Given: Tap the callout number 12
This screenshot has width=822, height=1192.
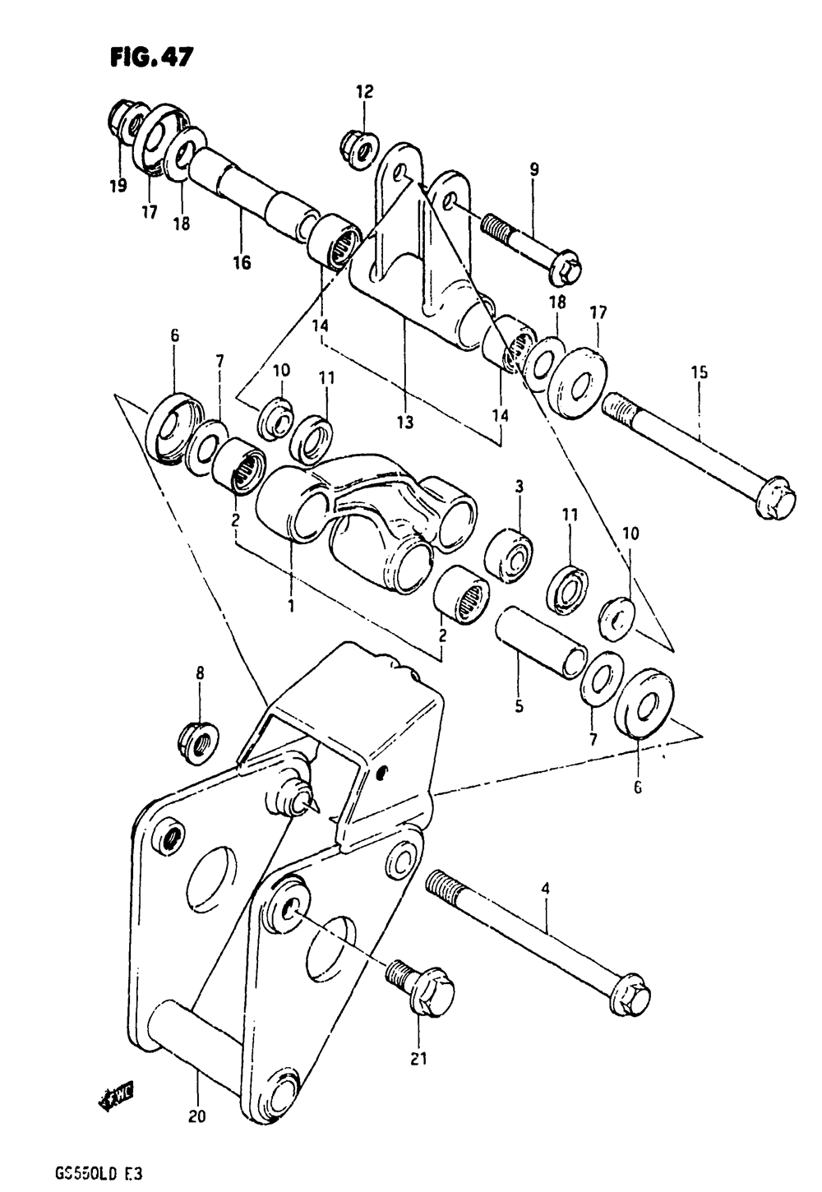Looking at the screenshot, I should pos(364,92).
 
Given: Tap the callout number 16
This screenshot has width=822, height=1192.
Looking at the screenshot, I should pos(242,262).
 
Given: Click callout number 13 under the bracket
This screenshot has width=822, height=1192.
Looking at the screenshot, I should pos(404,423).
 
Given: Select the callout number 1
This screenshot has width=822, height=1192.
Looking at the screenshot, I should pos(290,605).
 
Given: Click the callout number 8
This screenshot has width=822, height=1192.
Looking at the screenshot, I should pos(200,673).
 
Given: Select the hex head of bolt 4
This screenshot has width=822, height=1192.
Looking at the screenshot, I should pos(633,997).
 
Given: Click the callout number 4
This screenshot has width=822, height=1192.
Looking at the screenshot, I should pos(545,889).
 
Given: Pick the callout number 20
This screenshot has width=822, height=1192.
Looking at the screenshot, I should pos(197,1116).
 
